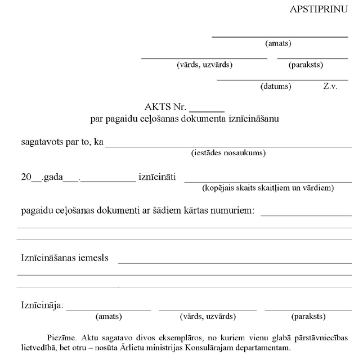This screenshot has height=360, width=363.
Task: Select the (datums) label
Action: (x=275, y=86)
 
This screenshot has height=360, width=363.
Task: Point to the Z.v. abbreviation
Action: (x=330, y=86)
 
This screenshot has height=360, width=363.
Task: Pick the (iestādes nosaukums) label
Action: (x=228, y=152)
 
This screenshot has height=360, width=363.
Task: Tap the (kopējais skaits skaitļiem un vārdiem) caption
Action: (x=268, y=187)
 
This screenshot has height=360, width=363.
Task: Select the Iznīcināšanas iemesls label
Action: (x=65, y=258)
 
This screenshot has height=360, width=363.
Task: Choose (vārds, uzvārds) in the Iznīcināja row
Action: (x=207, y=317)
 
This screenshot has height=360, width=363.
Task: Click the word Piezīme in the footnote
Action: (x=62, y=337)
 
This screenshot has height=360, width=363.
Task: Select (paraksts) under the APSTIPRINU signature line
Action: (x=306, y=65)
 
